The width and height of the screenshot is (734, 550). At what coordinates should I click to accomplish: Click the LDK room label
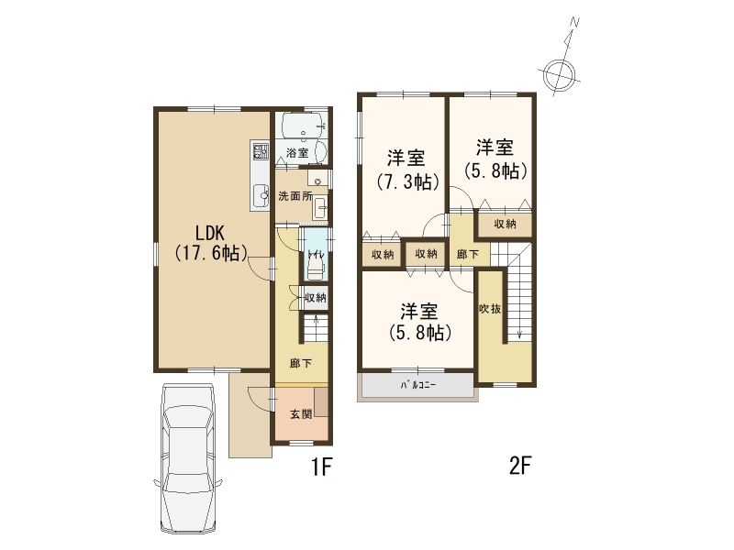click(x=210, y=233)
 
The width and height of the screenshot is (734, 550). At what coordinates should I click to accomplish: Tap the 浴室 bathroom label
click(x=297, y=152)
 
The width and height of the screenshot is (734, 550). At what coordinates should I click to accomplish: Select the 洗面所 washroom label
click(x=295, y=196)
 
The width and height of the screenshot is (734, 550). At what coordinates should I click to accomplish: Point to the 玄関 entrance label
click(x=301, y=414)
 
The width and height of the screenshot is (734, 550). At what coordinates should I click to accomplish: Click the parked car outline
click(x=188, y=458)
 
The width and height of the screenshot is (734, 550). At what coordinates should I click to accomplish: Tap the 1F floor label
click(x=322, y=467)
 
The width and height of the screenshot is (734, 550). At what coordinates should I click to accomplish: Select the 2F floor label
click(x=520, y=466)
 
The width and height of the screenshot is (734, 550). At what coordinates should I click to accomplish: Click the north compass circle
click(x=560, y=74)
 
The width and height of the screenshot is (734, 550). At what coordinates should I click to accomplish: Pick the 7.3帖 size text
click(x=407, y=181)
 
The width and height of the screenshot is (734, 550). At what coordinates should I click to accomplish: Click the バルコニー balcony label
click(x=418, y=385)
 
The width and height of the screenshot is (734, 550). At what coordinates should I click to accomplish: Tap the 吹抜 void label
click(x=490, y=309)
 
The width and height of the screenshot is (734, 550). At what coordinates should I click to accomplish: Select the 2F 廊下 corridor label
click(x=468, y=254)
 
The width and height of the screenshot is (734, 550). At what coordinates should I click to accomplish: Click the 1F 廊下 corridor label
click(x=301, y=363)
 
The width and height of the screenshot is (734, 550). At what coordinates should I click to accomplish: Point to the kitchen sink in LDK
click(x=260, y=195)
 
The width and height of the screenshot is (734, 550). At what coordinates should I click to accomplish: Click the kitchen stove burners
click(x=261, y=151)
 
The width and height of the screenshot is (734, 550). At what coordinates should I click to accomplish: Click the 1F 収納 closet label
click(x=316, y=297)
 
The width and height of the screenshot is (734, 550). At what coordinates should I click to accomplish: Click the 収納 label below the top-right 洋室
click(x=506, y=224)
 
